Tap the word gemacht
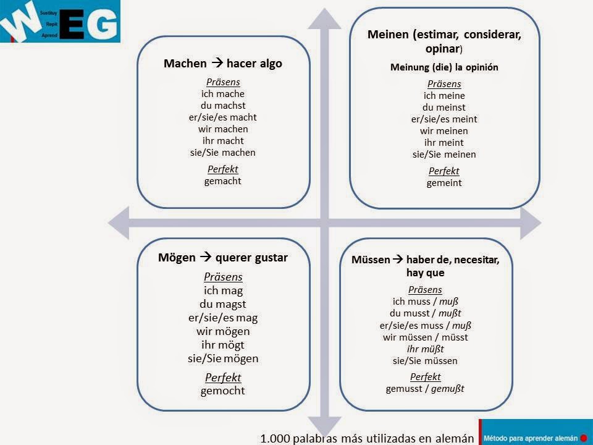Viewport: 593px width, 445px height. click(222, 181)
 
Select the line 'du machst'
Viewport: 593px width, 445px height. click(222, 106)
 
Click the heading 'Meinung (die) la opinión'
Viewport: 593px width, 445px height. click(444, 67)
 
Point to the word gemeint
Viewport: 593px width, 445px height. click(444, 183)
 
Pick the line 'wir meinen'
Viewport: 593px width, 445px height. click(444, 131)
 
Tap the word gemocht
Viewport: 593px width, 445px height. click(223, 391)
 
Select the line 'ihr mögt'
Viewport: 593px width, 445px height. click(223, 345)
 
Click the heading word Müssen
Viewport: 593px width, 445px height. click(371, 260)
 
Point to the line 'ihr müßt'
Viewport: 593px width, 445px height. click(425, 349)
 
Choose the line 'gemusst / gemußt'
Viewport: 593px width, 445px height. click(425, 389)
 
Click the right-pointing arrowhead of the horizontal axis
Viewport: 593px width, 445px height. click(530, 221)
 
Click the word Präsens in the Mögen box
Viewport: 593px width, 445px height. click(223, 277)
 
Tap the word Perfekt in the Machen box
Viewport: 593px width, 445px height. click(222, 169)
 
